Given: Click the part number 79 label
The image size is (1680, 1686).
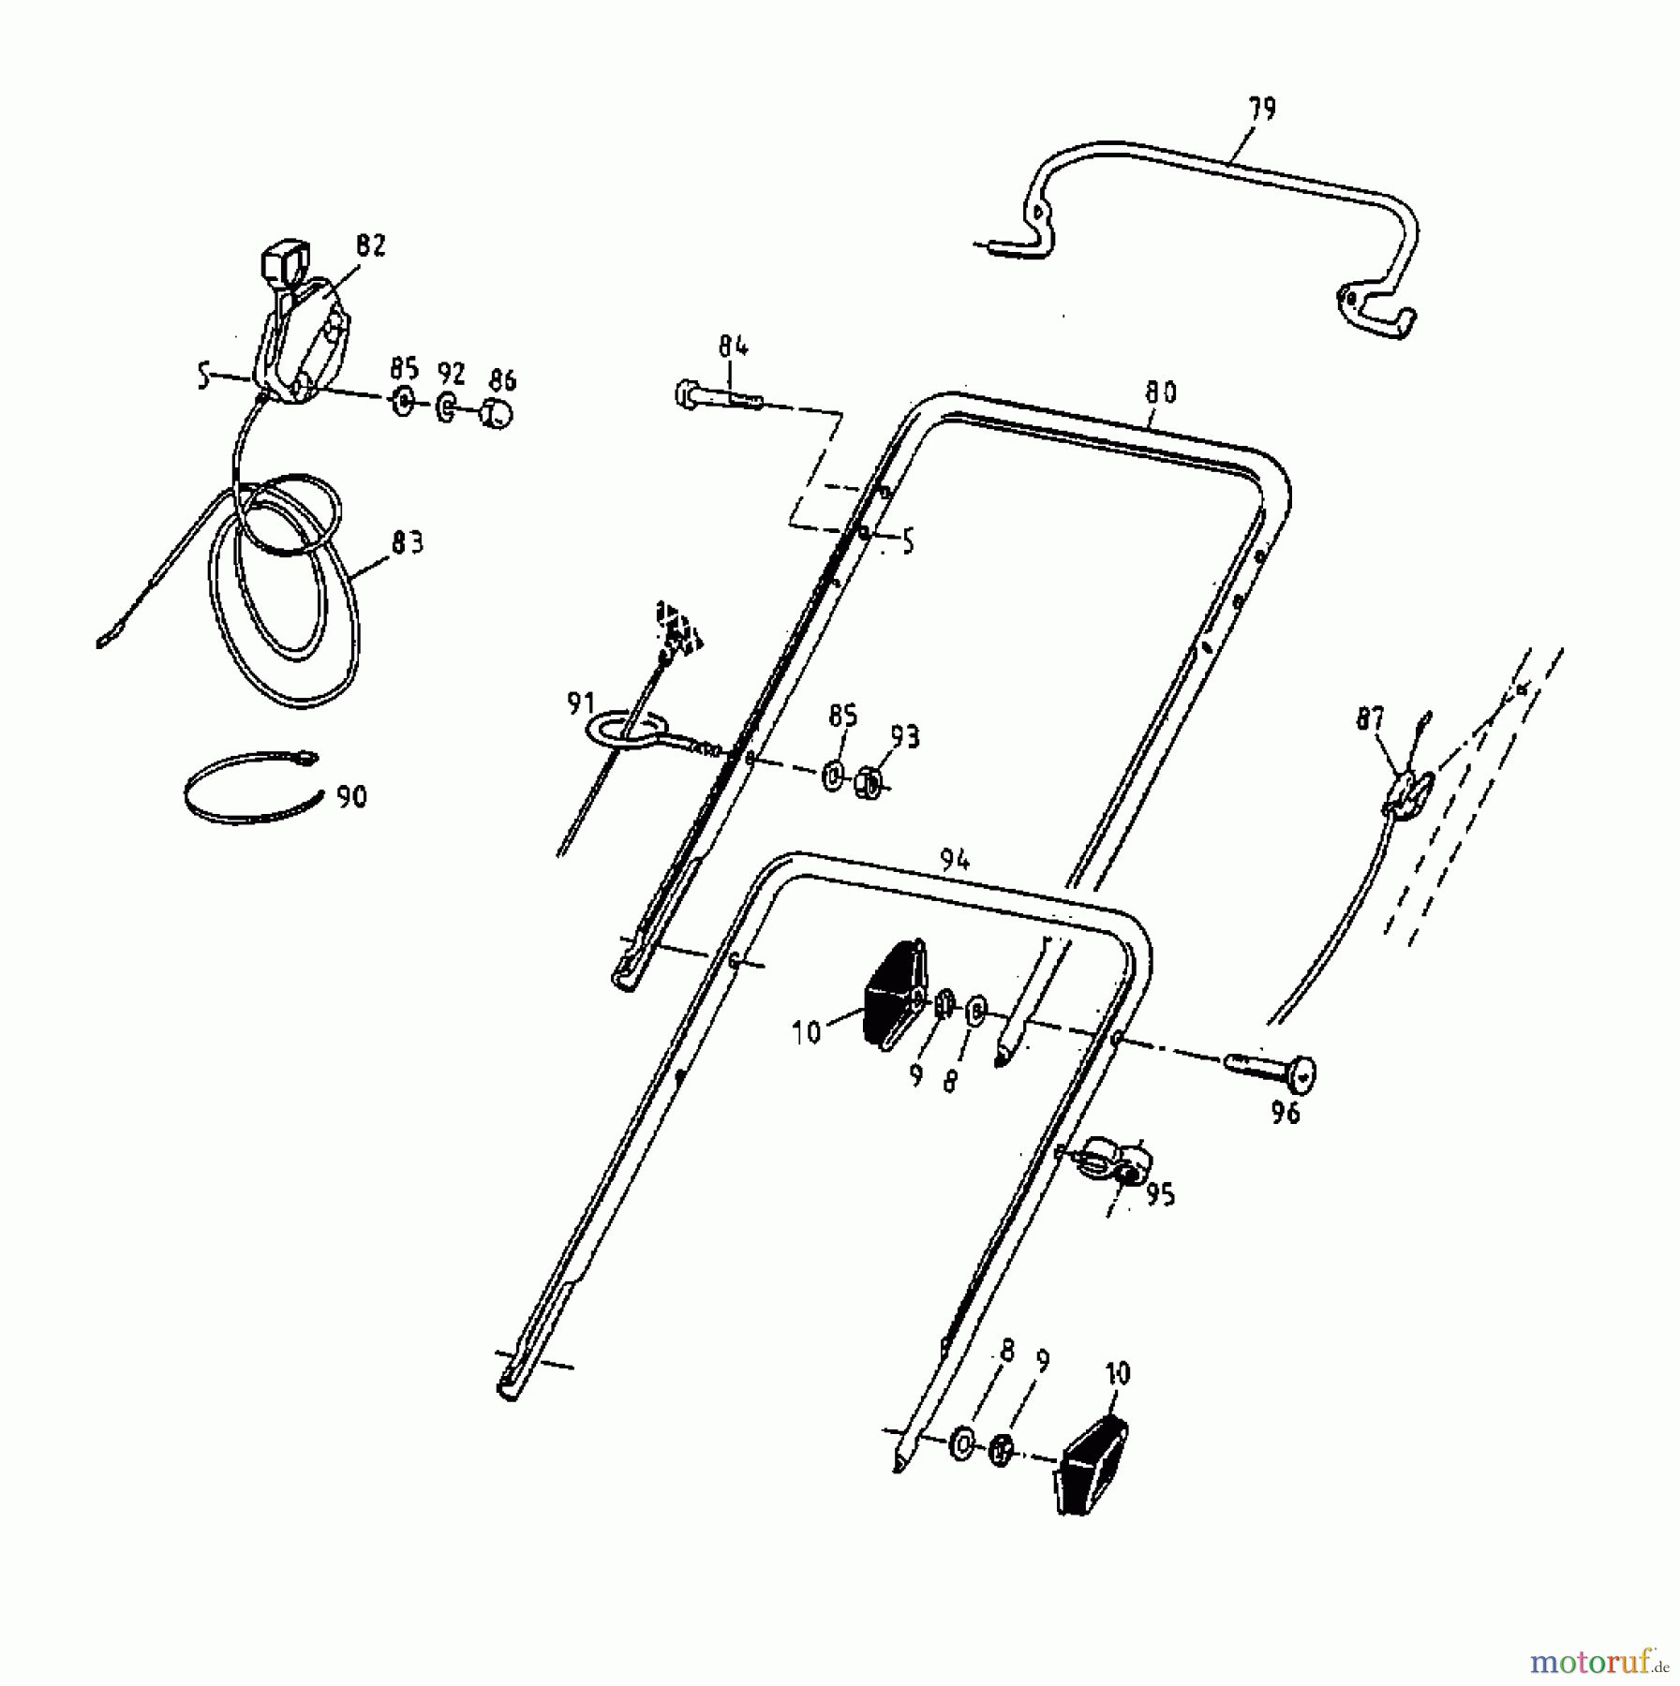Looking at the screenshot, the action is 1261,109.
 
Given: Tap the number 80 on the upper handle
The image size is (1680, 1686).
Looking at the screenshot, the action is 1160,392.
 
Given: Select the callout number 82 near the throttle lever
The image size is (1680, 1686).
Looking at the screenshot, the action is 370,245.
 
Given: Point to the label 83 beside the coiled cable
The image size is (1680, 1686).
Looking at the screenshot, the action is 408,542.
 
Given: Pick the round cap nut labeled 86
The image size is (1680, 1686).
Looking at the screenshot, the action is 498,414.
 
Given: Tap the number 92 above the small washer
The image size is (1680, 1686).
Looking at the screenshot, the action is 451,374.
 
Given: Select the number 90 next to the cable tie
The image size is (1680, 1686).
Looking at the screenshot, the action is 351,797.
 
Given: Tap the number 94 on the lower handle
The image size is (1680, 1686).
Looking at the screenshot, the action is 954,861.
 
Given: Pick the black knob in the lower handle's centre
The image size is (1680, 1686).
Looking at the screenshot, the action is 894,993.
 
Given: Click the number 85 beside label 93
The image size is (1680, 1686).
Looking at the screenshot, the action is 842,717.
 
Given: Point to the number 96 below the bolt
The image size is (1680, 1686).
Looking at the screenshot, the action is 1286,1114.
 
